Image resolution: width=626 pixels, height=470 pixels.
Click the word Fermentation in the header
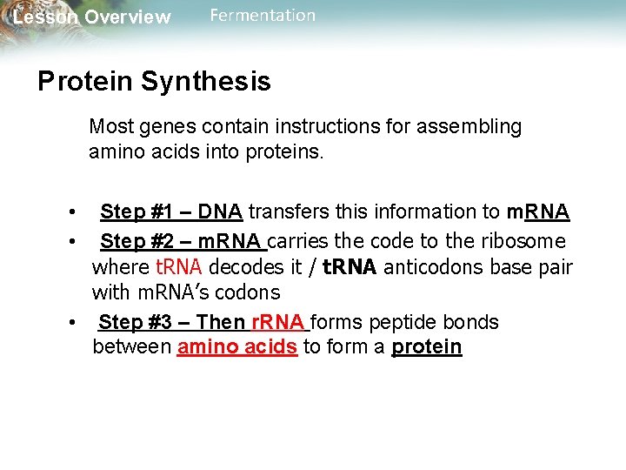pos(263,16)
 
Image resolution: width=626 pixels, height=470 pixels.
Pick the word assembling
pos(475,127)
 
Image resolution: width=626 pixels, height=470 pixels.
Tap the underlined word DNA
pos(220,211)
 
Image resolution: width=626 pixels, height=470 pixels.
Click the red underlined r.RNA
pos(278,323)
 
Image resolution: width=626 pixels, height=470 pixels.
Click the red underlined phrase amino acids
pos(237,347)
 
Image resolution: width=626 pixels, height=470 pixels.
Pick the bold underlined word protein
pos(427,347)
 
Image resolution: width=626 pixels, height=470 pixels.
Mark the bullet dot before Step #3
pos(76,323)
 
